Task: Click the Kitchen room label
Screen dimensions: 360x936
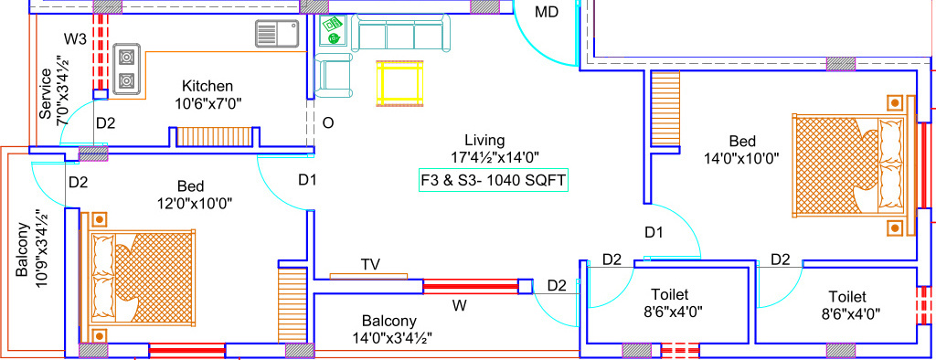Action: coord(207,86)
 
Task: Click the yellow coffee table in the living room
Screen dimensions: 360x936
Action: coord(400,83)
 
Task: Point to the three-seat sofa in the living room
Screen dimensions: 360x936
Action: coord(401,36)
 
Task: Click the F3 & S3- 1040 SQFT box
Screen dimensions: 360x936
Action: coord(492,181)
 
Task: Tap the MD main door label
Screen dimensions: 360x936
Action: coord(547,12)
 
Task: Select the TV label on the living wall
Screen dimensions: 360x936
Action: coord(370,264)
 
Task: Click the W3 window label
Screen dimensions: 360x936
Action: coord(75,39)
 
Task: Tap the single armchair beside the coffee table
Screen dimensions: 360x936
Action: coord(334,75)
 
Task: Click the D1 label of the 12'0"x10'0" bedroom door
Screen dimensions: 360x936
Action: coord(307,180)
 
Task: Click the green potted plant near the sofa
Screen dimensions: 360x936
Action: coord(334,38)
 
